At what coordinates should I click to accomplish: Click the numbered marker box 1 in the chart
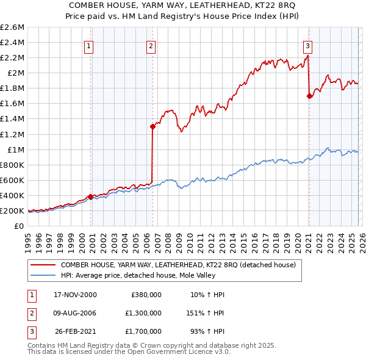(x=89, y=46)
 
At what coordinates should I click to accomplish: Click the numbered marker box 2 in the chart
(x=151, y=46)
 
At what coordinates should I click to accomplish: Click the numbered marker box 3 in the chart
(x=308, y=46)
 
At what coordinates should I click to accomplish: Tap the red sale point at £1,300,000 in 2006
(x=152, y=126)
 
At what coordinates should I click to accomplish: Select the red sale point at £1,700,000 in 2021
(x=309, y=96)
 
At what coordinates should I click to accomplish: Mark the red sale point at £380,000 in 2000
(x=91, y=196)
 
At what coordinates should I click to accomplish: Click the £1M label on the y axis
(x=15, y=149)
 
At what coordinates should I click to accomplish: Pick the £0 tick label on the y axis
(x=20, y=226)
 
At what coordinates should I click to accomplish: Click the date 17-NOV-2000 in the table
(x=75, y=295)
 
